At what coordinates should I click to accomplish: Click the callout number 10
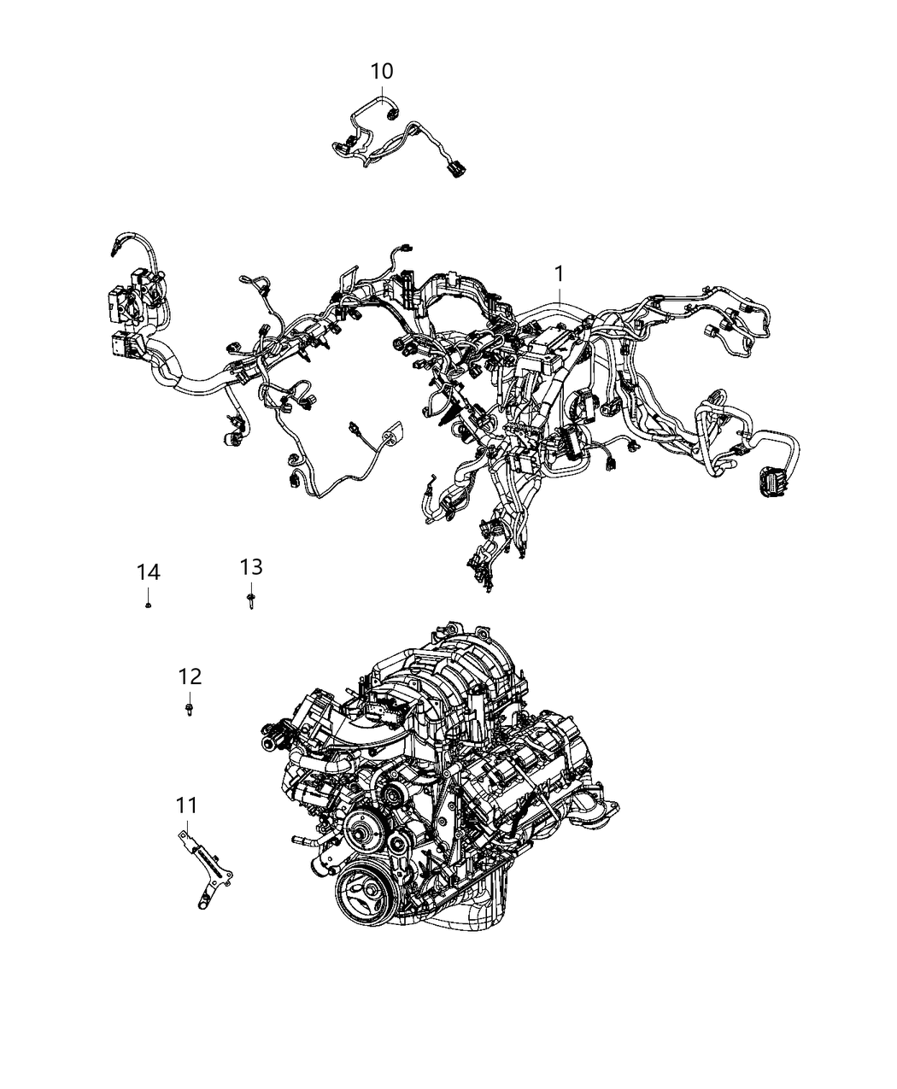coord(382,71)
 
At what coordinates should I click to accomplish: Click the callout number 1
coord(559,274)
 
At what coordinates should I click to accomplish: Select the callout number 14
coord(149,571)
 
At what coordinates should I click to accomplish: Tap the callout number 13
coord(251,566)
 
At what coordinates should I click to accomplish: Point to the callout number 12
coord(190,676)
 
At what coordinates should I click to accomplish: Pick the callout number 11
coord(186,805)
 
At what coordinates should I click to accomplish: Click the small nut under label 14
coord(149,605)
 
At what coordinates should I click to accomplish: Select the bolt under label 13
coord(251,600)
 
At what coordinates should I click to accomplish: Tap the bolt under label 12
coord(190,709)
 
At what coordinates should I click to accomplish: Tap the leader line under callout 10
coord(382,93)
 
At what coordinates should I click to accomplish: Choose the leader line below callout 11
coord(186,822)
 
